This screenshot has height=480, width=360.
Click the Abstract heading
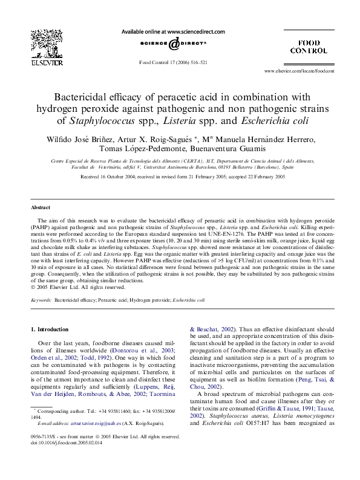click(x=41, y=207)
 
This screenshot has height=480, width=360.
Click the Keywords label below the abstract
click(x=42, y=299)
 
